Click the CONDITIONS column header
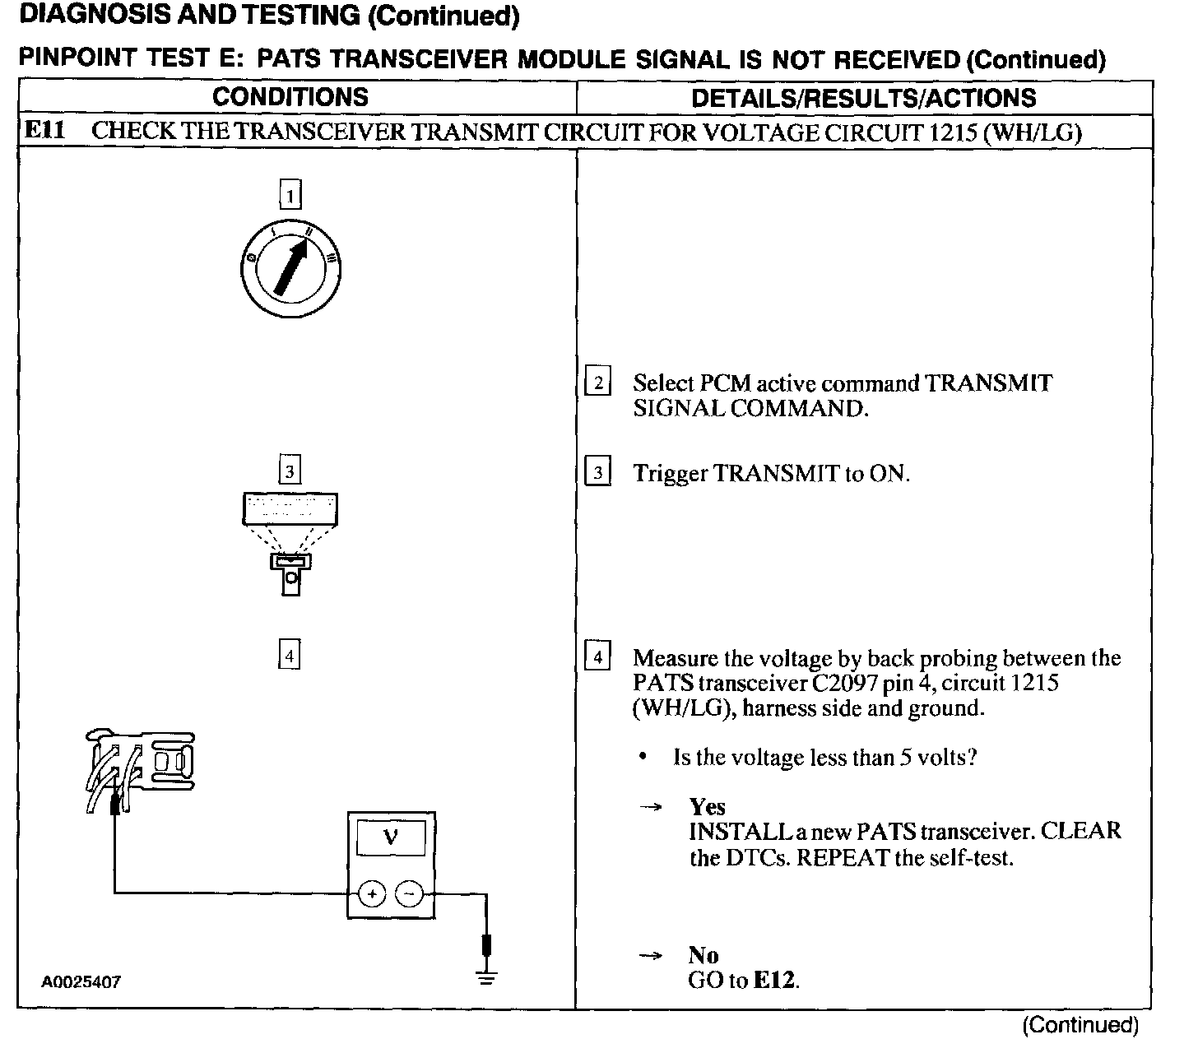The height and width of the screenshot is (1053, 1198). tap(290, 97)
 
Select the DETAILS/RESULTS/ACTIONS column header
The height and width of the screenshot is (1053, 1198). tap(864, 98)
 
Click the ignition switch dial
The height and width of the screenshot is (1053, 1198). tap(290, 268)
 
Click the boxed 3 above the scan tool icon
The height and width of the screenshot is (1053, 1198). tap(290, 471)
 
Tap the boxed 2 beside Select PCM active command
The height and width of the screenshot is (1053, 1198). tap(597, 383)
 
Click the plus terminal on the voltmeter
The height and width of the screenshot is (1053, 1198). tap(372, 893)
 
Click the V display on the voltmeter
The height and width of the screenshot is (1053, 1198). tap(391, 838)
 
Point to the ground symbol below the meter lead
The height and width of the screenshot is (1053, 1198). tap(487, 978)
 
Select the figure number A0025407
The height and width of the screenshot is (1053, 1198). tap(81, 982)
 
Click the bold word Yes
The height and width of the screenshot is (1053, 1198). tap(707, 806)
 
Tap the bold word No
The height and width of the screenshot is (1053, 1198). tap(703, 955)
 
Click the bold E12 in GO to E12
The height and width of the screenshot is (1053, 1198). tap(776, 981)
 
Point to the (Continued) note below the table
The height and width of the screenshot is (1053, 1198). tap(1080, 1025)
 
